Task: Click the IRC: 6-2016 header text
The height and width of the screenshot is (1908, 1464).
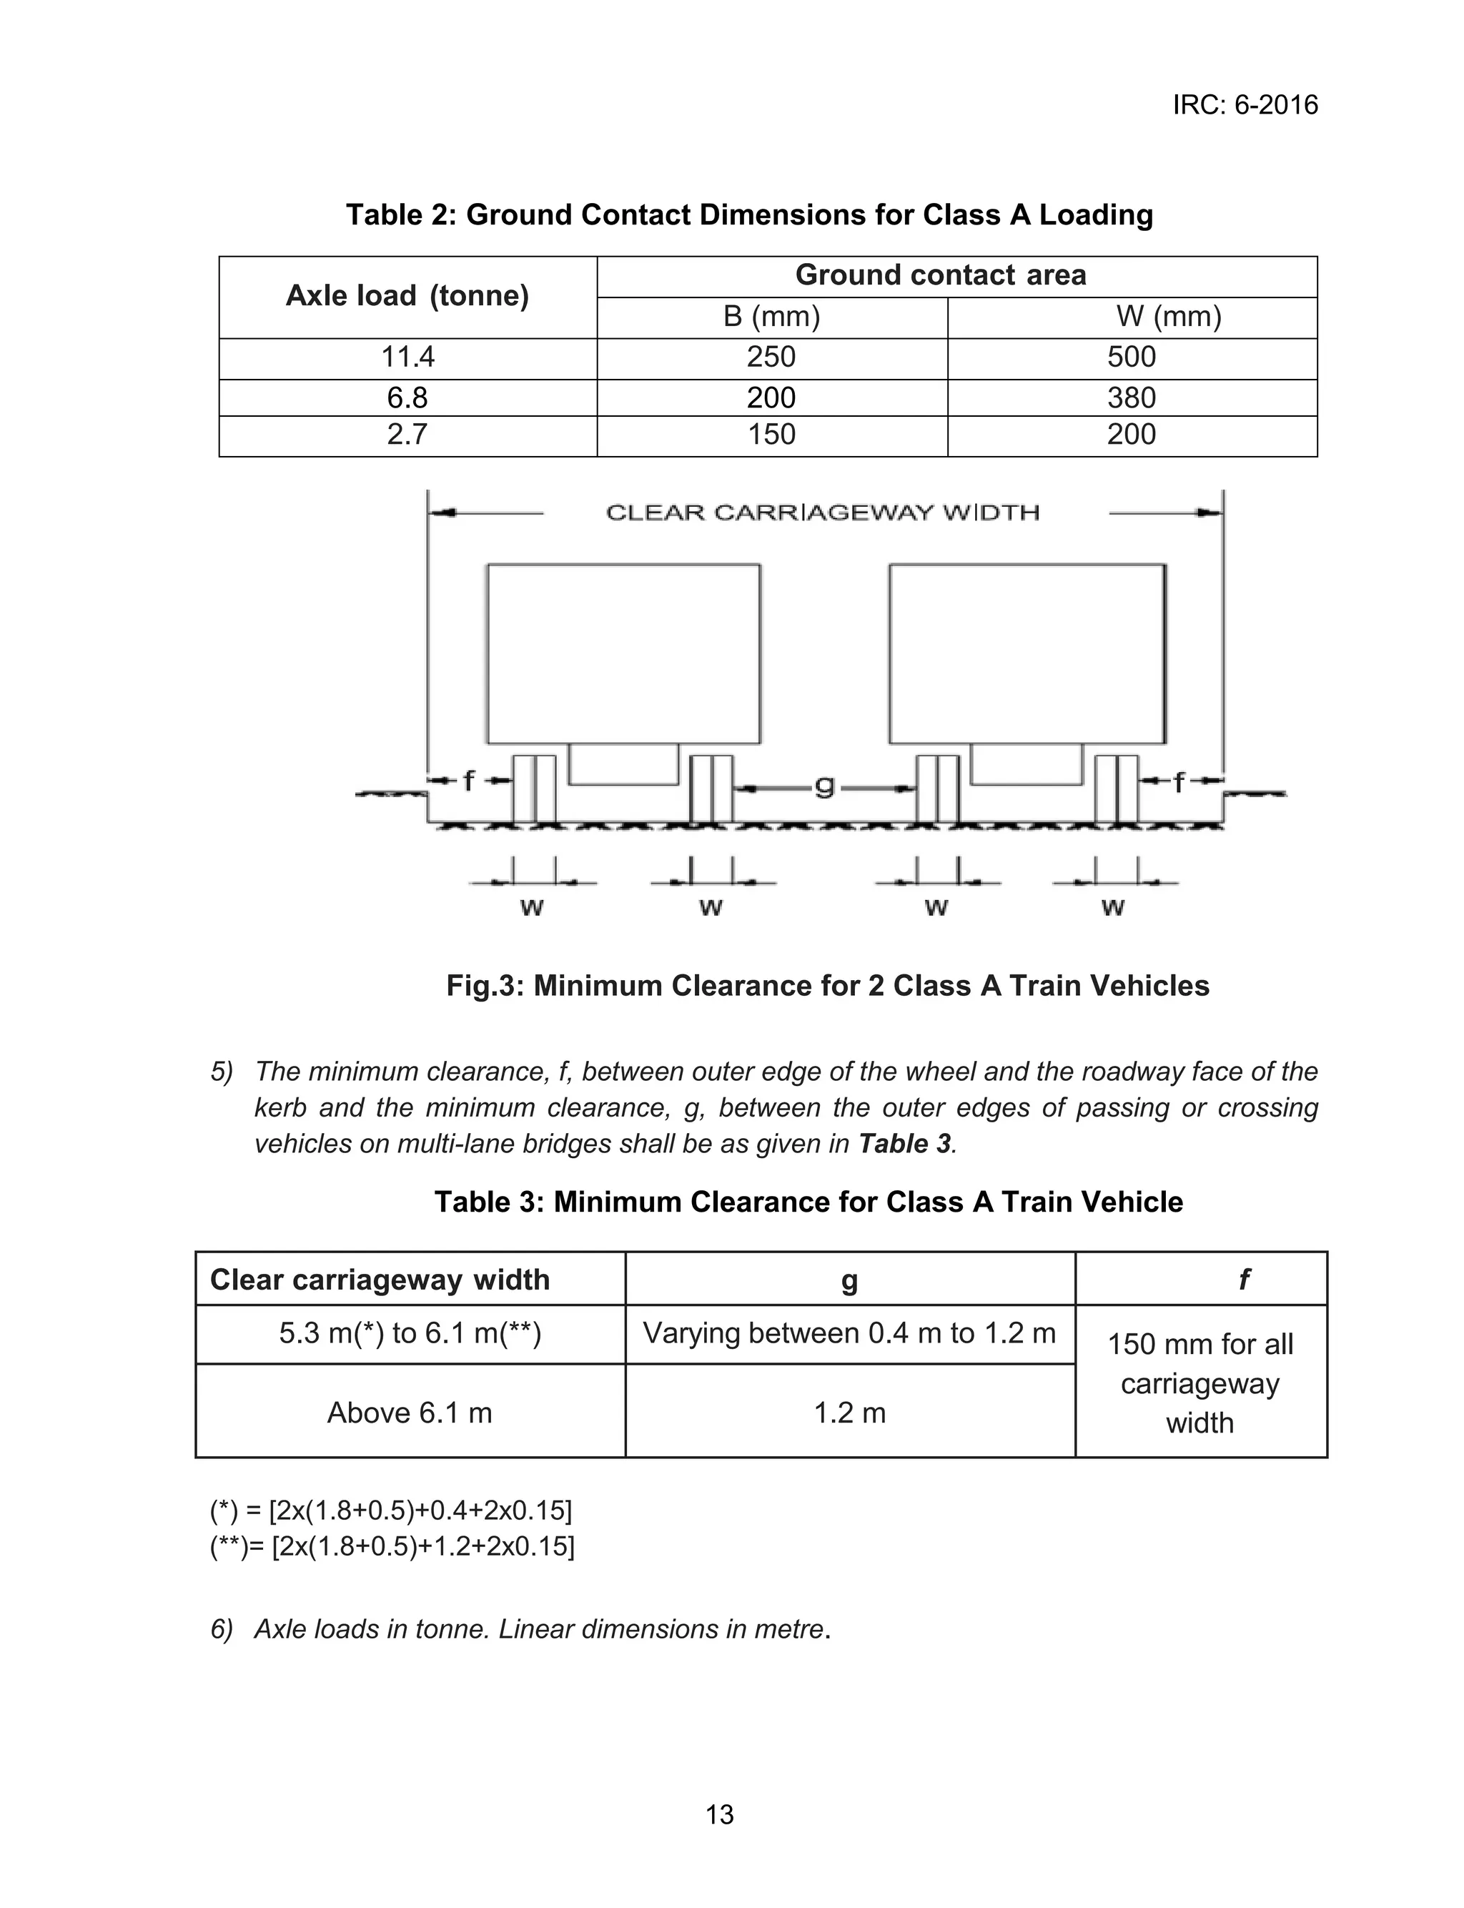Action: coord(1245,105)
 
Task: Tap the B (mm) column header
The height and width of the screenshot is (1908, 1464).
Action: coord(771,316)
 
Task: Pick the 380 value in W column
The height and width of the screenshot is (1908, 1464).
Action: coord(1131,398)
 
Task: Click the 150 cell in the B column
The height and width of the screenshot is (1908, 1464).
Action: coord(771,435)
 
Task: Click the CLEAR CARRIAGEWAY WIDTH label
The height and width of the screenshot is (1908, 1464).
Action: coord(823,513)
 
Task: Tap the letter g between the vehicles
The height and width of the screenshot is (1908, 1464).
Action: coord(823,787)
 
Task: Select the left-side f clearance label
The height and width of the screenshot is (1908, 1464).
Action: coord(468,781)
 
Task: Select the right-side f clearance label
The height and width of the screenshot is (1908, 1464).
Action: coord(1179,782)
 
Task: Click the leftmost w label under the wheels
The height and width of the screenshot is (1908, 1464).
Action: coord(532,909)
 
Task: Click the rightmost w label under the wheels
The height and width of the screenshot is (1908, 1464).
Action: coord(1113,909)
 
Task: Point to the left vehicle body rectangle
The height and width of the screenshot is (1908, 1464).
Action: coord(623,653)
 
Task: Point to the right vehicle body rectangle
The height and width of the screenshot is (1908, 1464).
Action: coord(1027,653)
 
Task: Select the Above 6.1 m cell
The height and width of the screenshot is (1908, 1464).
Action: coord(410,1413)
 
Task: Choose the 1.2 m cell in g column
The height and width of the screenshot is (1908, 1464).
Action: coord(850,1413)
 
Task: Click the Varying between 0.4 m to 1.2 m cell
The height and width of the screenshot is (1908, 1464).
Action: coord(850,1333)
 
